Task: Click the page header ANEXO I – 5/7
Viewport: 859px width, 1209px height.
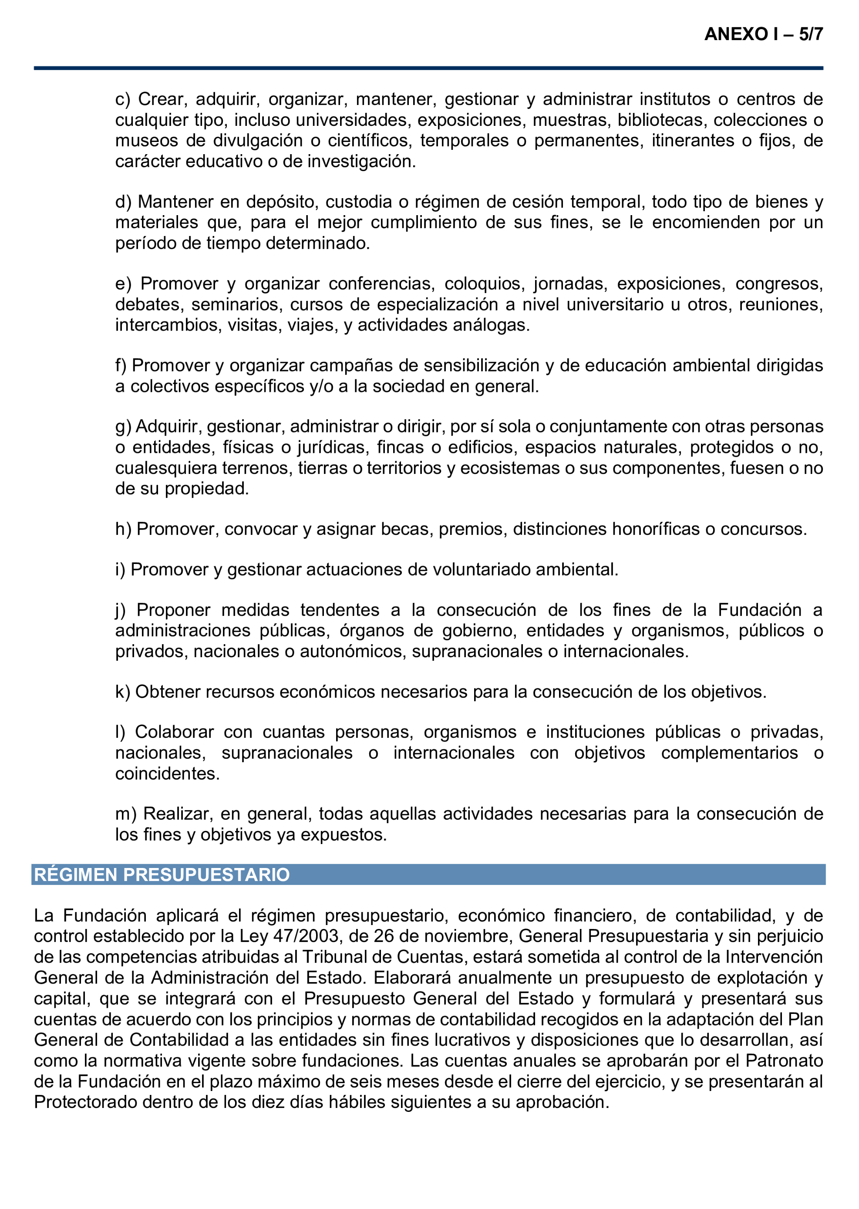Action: [763, 34]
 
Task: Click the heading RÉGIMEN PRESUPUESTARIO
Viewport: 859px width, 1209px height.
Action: [162, 875]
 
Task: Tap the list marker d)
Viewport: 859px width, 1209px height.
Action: [123, 202]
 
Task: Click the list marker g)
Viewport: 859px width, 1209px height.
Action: [123, 426]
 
